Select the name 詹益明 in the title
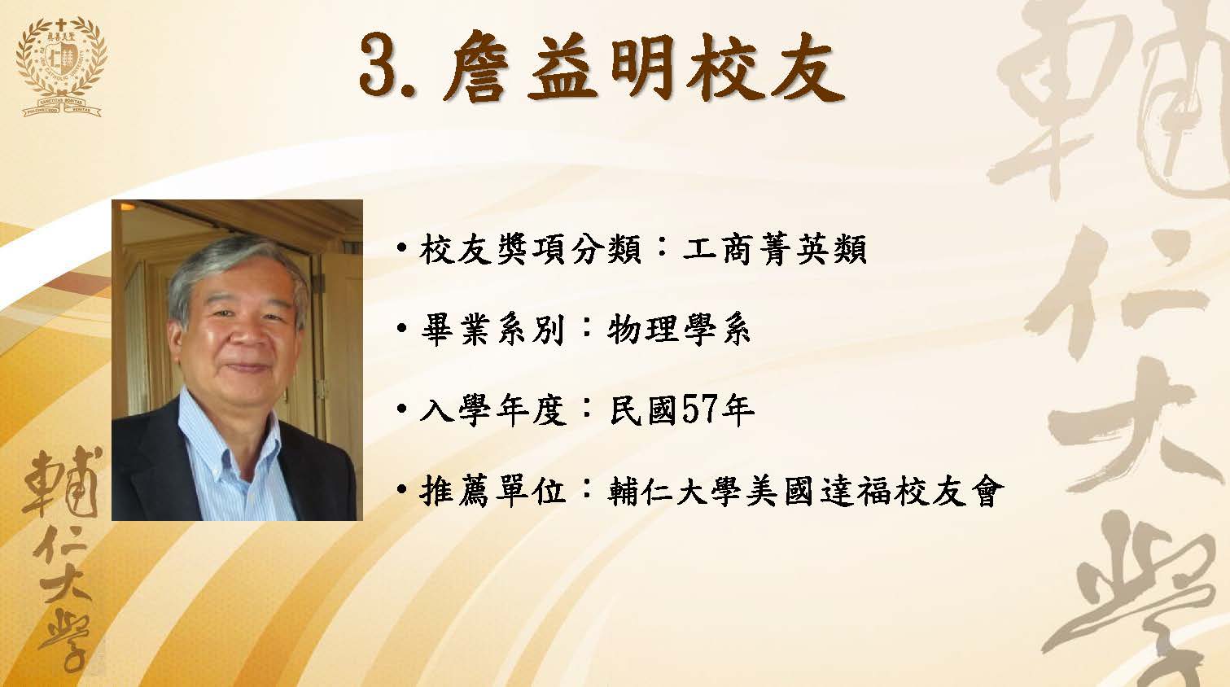point(559,68)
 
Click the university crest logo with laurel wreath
point(62,67)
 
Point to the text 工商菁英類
point(775,250)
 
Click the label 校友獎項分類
point(531,250)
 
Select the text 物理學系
point(679,330)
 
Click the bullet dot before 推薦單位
point(402,488)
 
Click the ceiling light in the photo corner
point(127,207)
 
